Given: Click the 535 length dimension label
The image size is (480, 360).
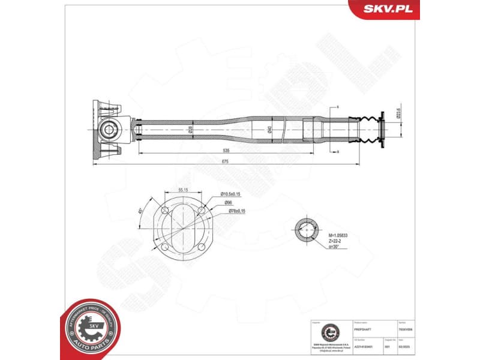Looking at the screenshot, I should [226, 151].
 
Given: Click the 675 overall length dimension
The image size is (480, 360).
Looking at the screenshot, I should [226, 160].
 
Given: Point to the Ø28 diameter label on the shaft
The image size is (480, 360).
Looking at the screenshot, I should [190, 129].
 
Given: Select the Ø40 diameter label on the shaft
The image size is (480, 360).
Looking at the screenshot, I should [270, 129].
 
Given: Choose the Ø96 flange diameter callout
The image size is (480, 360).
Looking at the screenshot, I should [229, 202].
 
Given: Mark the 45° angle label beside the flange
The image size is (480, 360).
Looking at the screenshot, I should [140, 212].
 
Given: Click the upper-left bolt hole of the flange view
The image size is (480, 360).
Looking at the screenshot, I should [162, 211].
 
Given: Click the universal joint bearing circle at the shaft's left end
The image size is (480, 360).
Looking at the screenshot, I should [109, 129].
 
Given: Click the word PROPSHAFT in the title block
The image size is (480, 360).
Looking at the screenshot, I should [363, 329].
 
